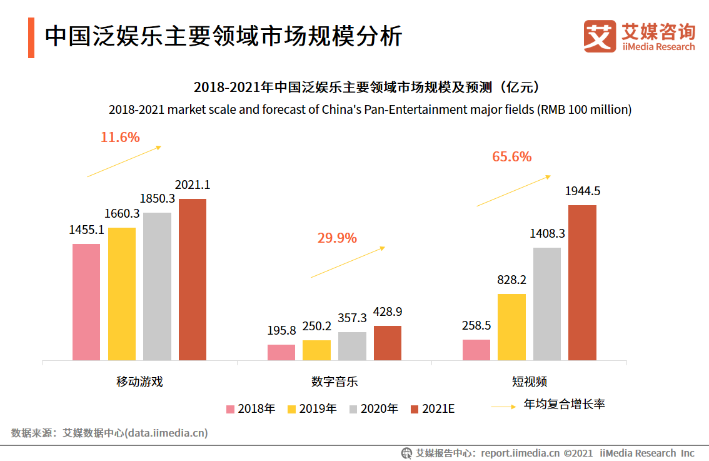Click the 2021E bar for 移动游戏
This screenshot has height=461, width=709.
tap(193, 280)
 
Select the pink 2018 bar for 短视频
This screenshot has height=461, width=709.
tap(476, 350)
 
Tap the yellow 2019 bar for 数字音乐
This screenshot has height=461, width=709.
tap(316, 350)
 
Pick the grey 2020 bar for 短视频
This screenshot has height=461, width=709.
tap(547, 304)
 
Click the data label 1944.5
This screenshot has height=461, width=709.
tap(582, 191)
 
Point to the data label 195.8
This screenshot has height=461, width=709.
tap(281, 330)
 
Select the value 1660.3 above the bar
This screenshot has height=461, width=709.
tap(121, 214)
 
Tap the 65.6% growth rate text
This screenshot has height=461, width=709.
tap(511, 156)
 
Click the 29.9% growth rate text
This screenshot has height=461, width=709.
tap(337, 238)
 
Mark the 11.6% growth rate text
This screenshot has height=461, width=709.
tap(120, 137)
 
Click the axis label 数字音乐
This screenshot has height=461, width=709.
tap(334, 382)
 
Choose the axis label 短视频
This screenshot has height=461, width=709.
tap(530, 382)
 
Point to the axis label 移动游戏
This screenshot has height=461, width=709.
tap(139, 382)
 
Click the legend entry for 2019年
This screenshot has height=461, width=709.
tap(312, 409)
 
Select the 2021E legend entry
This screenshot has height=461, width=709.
tap(433, 409)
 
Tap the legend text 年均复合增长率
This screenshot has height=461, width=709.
tap(564, 405)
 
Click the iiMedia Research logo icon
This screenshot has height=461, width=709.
tap(599, 36)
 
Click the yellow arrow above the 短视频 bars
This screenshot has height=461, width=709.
tap(513, 191)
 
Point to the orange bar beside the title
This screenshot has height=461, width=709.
tap(31, 38)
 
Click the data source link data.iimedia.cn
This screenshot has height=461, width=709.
tap(167, 433)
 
